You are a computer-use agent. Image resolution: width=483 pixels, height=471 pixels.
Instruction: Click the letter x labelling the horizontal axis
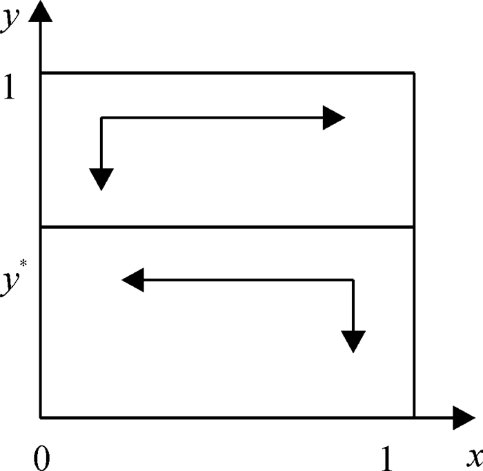[473, 457]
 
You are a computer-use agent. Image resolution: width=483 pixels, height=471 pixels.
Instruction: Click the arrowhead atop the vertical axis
[41, 10]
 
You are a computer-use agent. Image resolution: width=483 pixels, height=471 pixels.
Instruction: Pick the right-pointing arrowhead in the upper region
[334, 118]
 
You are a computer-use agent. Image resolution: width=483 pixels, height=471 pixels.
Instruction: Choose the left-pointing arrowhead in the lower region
[132, 280]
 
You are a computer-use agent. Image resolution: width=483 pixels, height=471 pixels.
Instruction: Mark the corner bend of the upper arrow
[101, 118]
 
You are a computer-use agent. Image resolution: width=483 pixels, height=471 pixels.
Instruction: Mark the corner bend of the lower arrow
[353, 280]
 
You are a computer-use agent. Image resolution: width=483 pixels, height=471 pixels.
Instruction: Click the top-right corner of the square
[414, 72]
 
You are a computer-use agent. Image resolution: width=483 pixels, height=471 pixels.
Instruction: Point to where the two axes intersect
[41, 417]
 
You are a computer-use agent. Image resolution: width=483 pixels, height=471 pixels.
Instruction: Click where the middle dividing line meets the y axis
[41, 227]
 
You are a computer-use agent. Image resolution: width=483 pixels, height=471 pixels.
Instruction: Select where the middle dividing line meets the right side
[414, 227]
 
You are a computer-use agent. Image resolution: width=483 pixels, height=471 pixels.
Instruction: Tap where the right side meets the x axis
[414, 417]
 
